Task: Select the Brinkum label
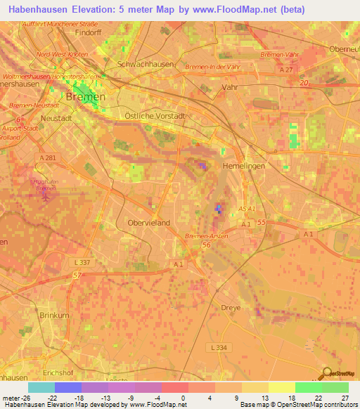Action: (54, 316)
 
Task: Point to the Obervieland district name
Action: (148, 222)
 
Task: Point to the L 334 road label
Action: (221, 347)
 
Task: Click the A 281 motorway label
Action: (48, 158)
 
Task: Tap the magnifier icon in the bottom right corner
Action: (328, 374)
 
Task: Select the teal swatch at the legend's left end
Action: (41, 387)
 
